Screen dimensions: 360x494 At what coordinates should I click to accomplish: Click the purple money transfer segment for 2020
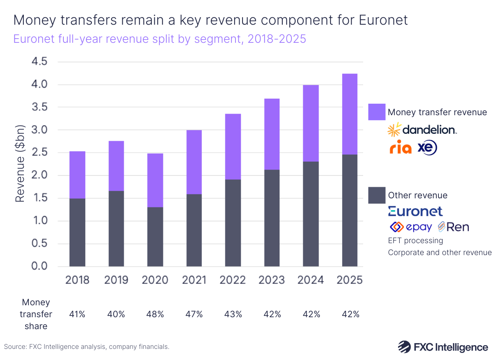pyautogui.click(x=155, y=180)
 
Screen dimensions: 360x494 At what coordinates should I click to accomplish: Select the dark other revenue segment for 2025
pyautogui.click(x=350, y=210)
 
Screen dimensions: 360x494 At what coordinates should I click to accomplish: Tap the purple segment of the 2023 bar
pyautogui.click(x=272, y=134)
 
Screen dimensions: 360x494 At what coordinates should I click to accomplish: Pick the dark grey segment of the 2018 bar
pyautogui.click(x=77, y=232)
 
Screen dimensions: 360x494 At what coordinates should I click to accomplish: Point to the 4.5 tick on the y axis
pyautogui.click(x=40, y=62)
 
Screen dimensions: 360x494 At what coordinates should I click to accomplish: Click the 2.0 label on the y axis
pyautogui.click(x=40, y=176)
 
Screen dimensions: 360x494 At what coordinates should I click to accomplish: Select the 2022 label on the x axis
pyautogui.click(x=233, y=280)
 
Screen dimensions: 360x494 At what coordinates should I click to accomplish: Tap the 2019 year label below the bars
pyautogui.click(x=116, y=280)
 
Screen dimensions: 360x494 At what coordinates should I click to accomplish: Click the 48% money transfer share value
pyautogui.click(x=155, y=314)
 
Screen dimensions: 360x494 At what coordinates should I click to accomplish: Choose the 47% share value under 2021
pyautogui.click(x=194, y=314)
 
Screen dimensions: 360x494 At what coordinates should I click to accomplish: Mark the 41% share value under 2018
pyautogui.click(x=77, y=314)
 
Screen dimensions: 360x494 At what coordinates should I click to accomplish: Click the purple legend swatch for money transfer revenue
pyautogui.click(x=377, y=112)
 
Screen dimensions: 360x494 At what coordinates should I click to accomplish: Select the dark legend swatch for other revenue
pyautogui.click(x=377, y=195)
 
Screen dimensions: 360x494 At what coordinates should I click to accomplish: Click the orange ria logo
pyautogui.click(x=400, y=147)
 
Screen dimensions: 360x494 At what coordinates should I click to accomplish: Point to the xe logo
pyautogui.click(x=427, y=147)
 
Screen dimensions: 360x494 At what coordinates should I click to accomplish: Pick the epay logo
pyautogui.click(x=410, y=227)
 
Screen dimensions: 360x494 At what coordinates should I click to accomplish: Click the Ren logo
pyautogui.click(x=453, y=227)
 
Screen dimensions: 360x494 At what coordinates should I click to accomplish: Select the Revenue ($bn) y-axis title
pyautogui.click(x=20, y=164)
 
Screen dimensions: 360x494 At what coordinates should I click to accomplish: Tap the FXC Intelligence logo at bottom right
pyautogui.click(x=443, y=347)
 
